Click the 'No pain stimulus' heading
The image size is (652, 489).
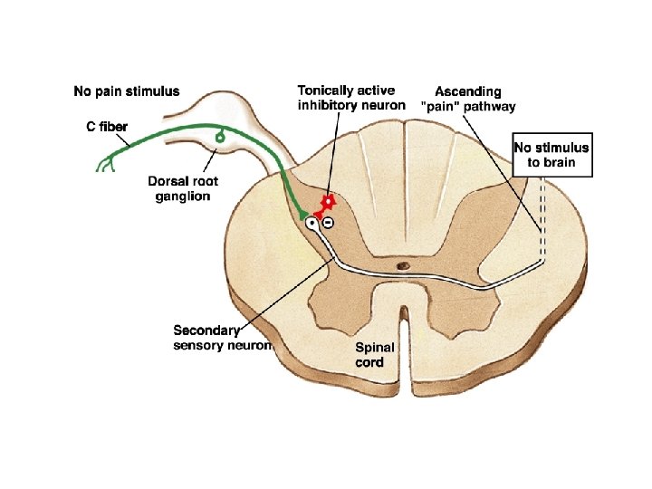(x=126, y=91)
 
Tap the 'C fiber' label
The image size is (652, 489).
(x=100, y=125)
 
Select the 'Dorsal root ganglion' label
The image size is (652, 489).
(x=183, y=188)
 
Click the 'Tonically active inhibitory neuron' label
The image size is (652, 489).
(x=351, y=99)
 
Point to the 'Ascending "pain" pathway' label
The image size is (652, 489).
(x=467, y=99)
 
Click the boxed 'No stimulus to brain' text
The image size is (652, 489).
(x=551, y=156)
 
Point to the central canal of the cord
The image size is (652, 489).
(x=404, y=266)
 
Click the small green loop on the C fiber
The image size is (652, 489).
(x=220, y=137)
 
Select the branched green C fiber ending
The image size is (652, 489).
(x=104, y=164)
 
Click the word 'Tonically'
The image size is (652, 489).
(x=328, y=91)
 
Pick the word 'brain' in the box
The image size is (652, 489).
(x=570, y=164)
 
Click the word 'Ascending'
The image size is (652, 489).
(x=467, y=91)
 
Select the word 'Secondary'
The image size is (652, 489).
(x=206, y=331)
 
